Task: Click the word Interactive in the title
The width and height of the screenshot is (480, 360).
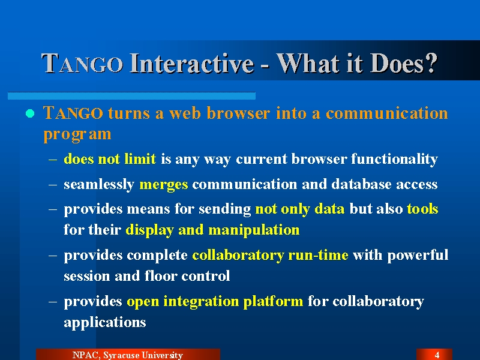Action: [x=192, y=64]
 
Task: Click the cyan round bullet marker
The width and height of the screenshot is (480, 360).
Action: [x=30, y=113]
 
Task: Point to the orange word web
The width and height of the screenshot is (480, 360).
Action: [x=185, y=113]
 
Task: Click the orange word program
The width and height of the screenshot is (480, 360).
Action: [x=77, y=134]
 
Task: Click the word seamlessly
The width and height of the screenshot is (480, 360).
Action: [x=99, y=185]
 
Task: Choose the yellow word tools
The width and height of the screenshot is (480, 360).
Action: [x=422, y=209]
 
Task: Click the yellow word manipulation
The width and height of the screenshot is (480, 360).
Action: [x=254, y=230]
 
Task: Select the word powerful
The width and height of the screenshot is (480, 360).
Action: [x=418, y=255]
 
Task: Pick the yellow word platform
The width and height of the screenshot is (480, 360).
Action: [x=273, y=302]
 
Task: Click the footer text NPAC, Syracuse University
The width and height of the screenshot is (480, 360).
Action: [x=128, y=355]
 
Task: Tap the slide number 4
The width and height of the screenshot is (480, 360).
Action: [x=437, y=355]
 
